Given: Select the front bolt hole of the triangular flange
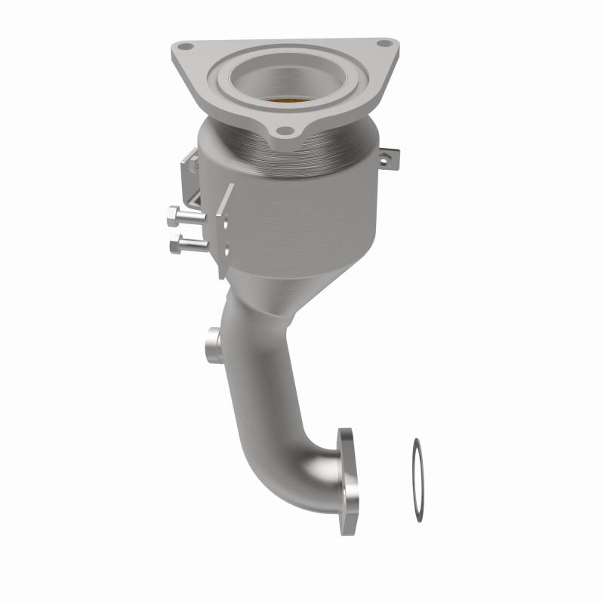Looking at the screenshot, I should tap(284, 131).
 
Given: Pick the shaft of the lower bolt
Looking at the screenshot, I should tap(196, 244).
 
